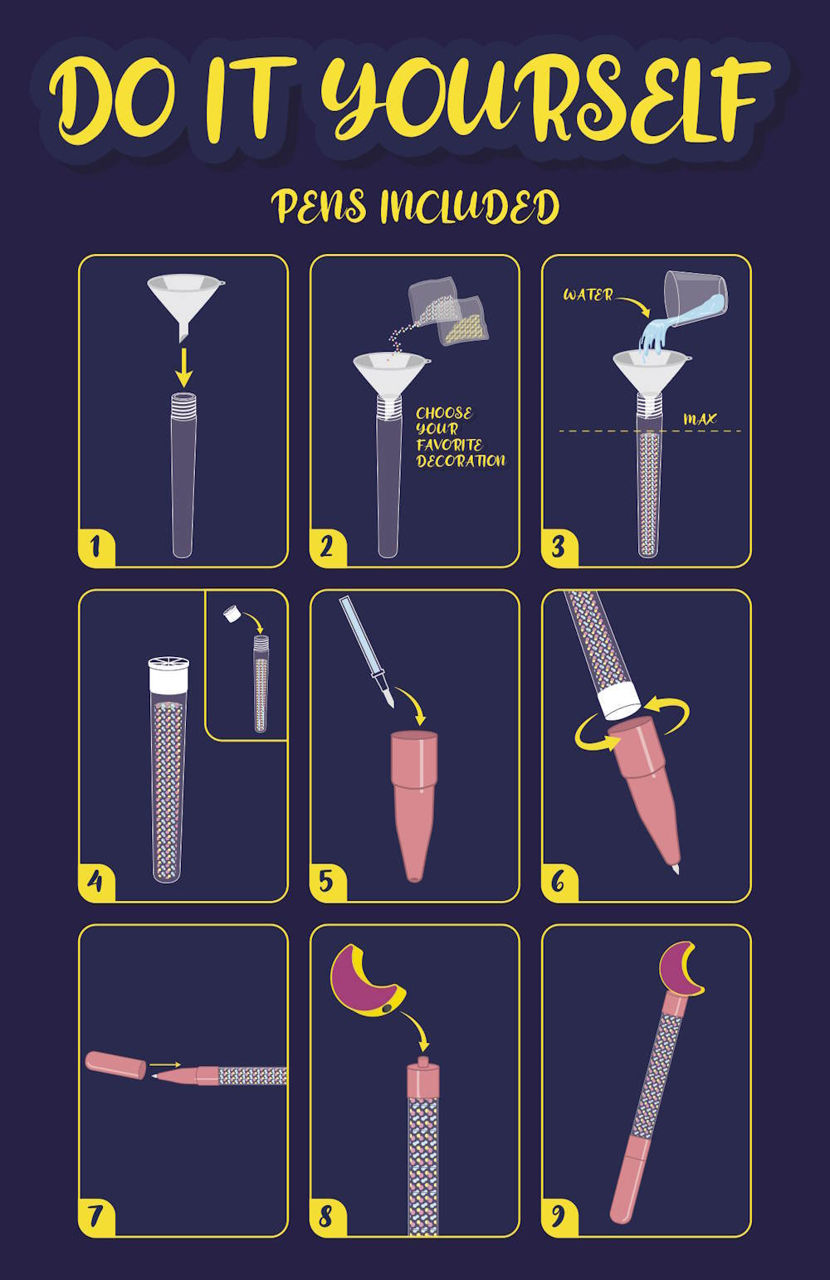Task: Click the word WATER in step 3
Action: click(588, 295)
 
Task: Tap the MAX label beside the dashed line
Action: click(700, 419)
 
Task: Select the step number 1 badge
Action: click(96, 547)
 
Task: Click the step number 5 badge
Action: click(327, 882)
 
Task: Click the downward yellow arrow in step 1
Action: click(183, 367)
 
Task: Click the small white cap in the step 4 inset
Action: click(231, 614)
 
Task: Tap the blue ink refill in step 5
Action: click(366, 651)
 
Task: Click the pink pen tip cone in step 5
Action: click(414, 806)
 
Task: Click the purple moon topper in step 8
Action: click(367, 982)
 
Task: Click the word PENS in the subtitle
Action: click(318, 206)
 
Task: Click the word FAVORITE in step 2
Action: click(449, 445)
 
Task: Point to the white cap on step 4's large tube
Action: click(168, 675)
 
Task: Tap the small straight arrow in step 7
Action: click(165, 1065)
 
